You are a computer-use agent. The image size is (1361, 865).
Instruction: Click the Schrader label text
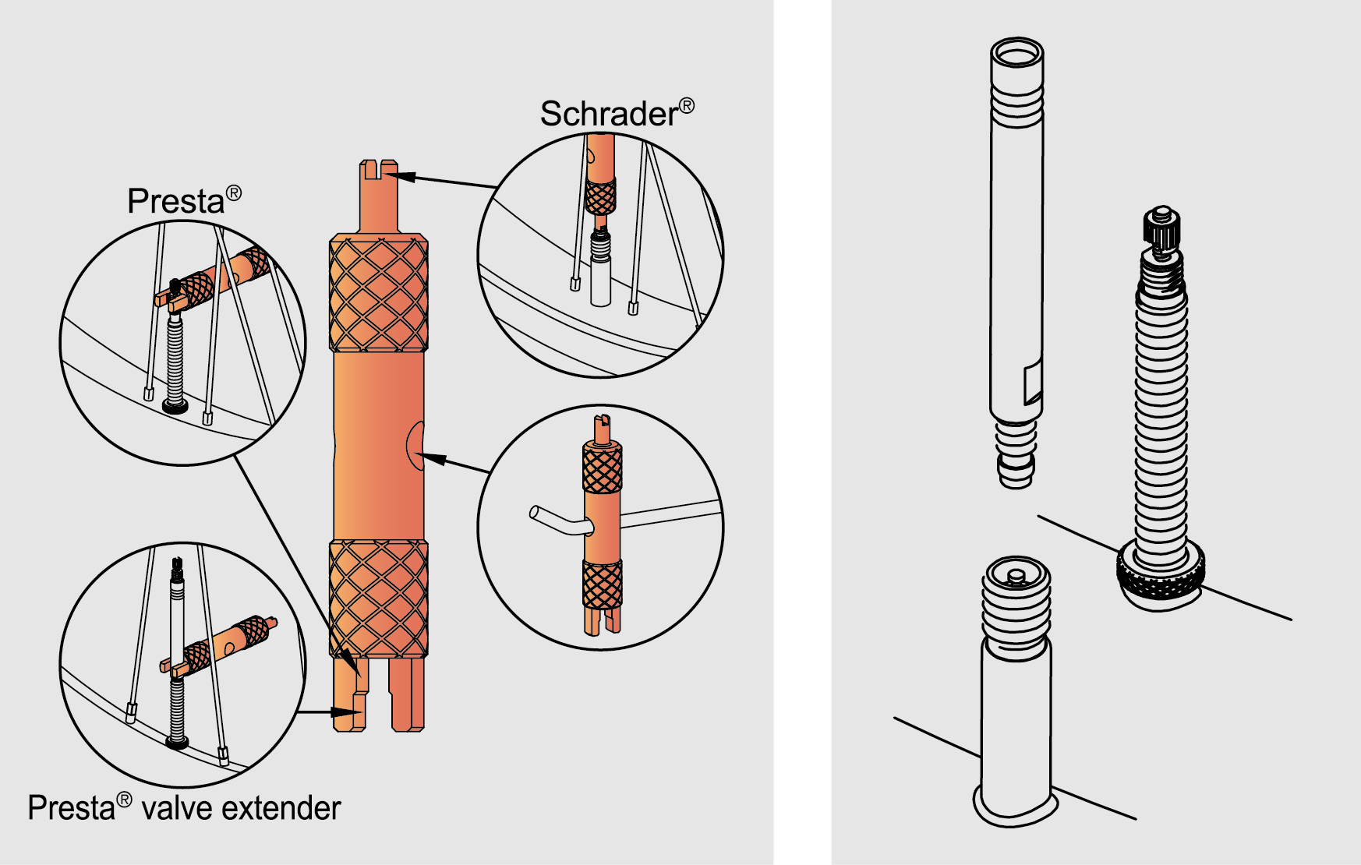pyautogui.click(x=609, y=114)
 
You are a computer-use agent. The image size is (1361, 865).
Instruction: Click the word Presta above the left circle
pyautogui.click(x=176, y=201)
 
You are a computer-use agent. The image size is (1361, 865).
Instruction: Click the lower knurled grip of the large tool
pyautogui.click(x=379, y=598)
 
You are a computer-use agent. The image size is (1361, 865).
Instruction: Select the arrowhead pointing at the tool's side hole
pyautogui.click(x=433, y=459)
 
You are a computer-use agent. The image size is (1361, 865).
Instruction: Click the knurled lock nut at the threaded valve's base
pyautogui.click(x=1161, y=575)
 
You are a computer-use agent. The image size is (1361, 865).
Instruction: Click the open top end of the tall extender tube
pyautogui.click(x=1017, y=54)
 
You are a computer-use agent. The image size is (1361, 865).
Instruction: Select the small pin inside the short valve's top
pyautogui.click(x=1016, y=577)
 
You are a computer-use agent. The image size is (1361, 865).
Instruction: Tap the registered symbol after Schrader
pyautogui.click(x=686, y=105)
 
